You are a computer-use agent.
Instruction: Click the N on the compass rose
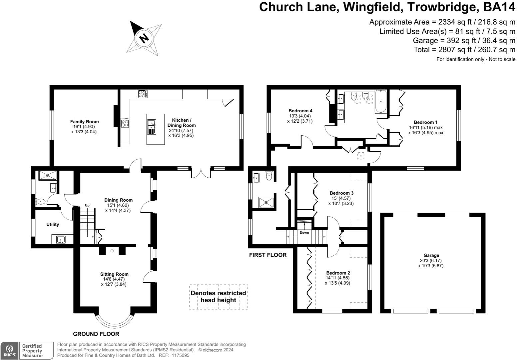(144, 38)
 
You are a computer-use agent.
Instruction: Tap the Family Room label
(85, 122)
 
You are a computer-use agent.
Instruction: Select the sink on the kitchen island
(152, 127)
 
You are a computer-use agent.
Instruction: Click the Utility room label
(53, 224)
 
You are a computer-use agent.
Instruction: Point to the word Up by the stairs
(87, 205)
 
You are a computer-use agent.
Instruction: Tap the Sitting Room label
(114, 274)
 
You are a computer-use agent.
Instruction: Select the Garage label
(431, 255)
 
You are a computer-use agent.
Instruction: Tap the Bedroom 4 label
(300, 111)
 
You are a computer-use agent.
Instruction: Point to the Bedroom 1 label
(426, 122)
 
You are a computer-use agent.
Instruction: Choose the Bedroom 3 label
(341, 193)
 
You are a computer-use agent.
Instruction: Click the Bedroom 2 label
(338, 273)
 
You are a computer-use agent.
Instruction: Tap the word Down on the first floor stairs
(304, 233)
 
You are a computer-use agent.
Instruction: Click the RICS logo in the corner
(9, 351)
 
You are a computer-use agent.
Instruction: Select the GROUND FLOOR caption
(96, 334)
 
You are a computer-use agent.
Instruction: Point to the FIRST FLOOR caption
(268, 255)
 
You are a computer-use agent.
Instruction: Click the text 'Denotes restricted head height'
(218, 296)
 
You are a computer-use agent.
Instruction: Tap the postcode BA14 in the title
(499, 7)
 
